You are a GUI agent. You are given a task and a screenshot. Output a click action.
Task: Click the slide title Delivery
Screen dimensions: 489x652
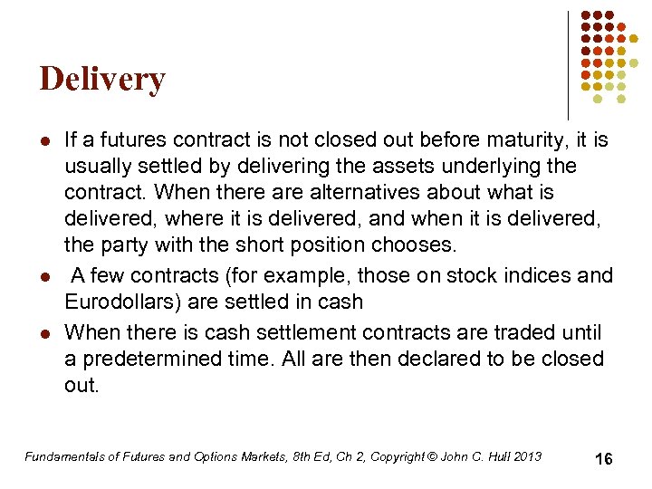point(102,80)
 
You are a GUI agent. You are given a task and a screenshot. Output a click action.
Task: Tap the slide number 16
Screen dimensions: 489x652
point(603,459)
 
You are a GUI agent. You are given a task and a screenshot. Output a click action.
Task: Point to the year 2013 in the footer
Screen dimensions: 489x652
point(526,456)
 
